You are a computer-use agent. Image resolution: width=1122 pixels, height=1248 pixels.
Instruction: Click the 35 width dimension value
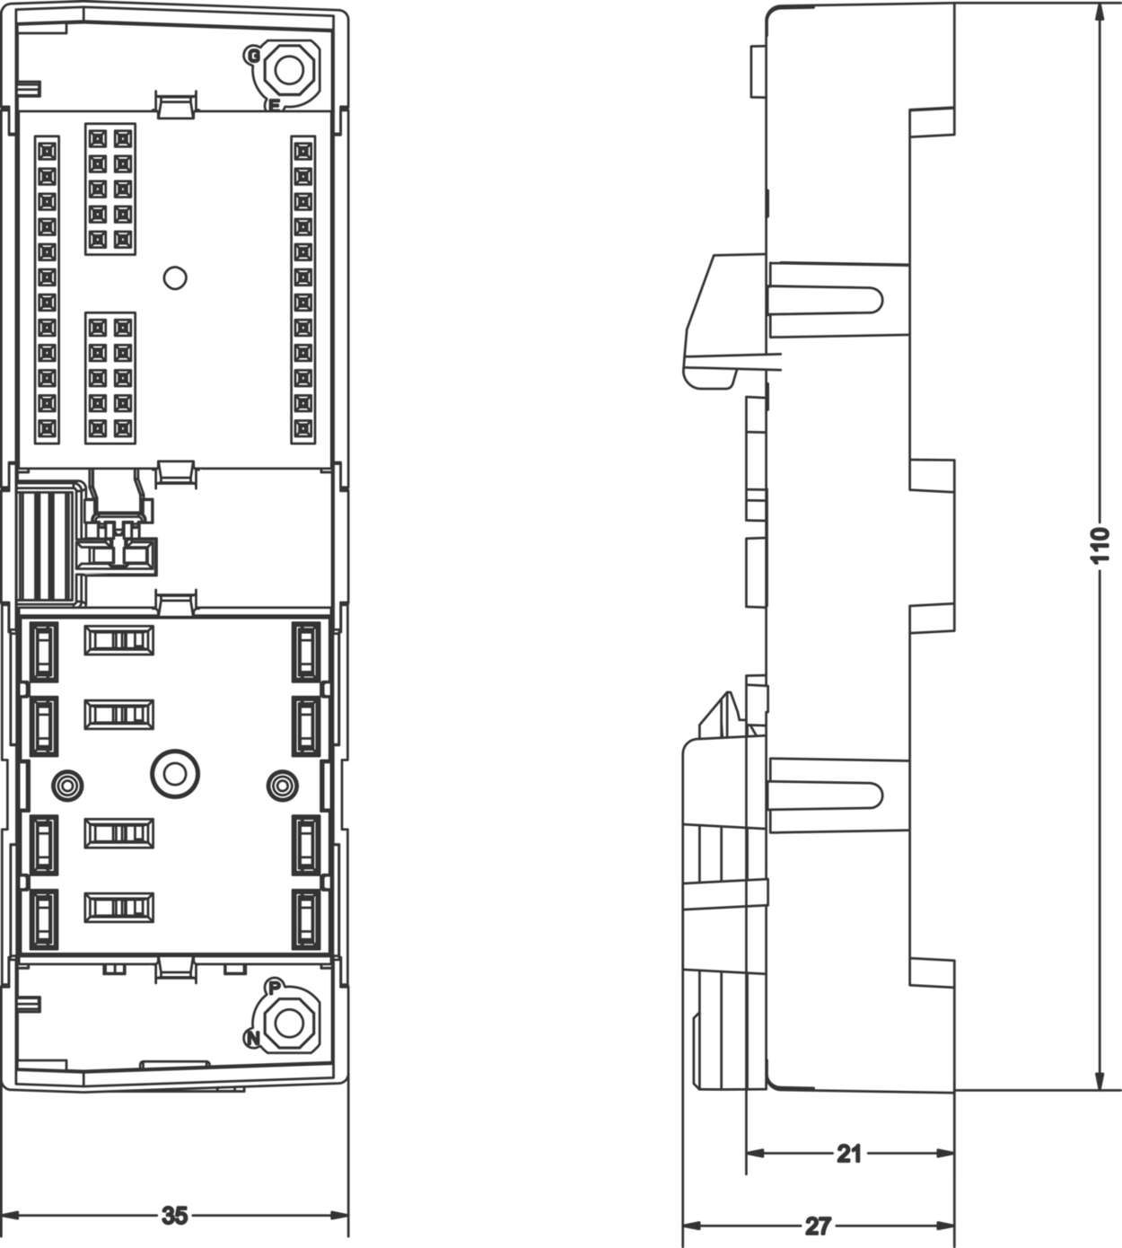coord(175,1215)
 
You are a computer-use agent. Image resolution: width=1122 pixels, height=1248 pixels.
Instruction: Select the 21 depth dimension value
coord(849,1153)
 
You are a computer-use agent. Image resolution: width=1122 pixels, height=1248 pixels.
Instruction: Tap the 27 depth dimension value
coord(818,1226)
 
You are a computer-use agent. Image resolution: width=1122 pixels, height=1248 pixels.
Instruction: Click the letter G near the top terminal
coord(253,57)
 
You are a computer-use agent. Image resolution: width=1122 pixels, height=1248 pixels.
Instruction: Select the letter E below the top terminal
coord(274,106)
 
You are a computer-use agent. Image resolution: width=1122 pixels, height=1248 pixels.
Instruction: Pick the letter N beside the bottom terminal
coord(253,1039)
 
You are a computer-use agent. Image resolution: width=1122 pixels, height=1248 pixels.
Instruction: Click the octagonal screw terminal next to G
coord(289,69)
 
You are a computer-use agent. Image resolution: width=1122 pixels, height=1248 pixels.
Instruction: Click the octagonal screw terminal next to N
coord(289,1022)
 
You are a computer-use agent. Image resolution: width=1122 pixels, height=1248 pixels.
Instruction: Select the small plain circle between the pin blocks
coord(175,277)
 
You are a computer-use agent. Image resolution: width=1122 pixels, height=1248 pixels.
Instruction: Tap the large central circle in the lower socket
coord(175,773)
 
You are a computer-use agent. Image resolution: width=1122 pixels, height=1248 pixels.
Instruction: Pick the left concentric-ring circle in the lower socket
coord(67,786)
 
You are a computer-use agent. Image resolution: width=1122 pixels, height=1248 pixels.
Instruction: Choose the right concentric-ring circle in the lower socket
coord(282,786)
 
